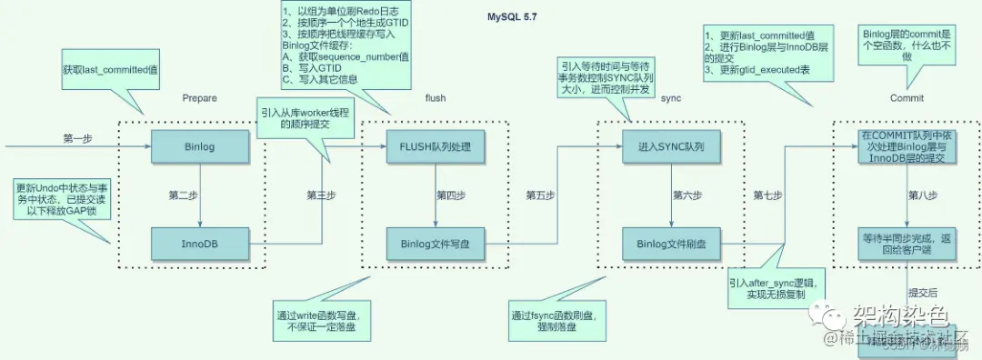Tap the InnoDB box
click(199, 244)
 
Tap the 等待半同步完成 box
click(905, 243)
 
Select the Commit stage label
click(906, 97)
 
